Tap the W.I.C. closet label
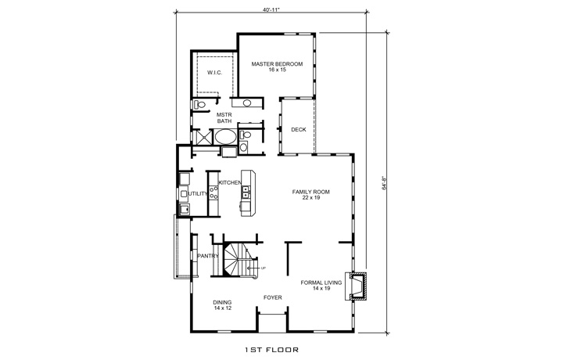click(215, 74)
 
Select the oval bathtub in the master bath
click(226, 138)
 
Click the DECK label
click(298, 130)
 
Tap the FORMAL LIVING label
click(321, 286)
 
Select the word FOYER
click(272, 297)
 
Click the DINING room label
click(223, 305)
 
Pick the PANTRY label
click(207, 256)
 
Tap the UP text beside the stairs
click(264, 269)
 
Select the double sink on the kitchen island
click(246, 193)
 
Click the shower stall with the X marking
click(203, 138)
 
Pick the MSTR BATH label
click(224, 117)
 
